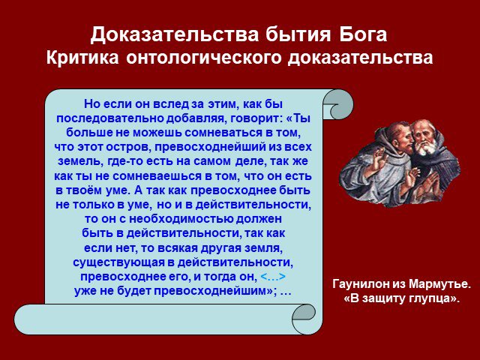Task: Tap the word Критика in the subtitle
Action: click(x=82, y=57)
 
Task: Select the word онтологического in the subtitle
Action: click(x=203, y=58)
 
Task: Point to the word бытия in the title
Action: click(x=298, y=34)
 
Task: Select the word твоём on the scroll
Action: click(x=83, y=190)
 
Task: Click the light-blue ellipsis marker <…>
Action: click(x=273, y=277)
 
